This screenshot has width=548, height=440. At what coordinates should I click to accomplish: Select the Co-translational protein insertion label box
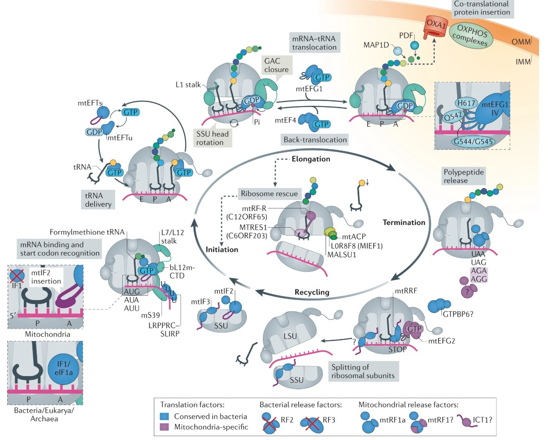coord(482,8)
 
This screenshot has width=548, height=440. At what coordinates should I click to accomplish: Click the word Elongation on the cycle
coord(311,159)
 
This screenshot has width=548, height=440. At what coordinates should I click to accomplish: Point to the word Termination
coord(404,223)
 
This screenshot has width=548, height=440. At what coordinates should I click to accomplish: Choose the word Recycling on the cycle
coord(311,292)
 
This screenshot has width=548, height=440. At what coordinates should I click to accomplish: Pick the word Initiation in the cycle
coord(222,249)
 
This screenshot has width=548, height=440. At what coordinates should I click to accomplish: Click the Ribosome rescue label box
coord(269,194)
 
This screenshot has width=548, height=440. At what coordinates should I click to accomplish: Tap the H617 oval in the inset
coord(465,103)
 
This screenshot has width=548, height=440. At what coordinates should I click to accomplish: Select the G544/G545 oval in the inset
coord(473,142)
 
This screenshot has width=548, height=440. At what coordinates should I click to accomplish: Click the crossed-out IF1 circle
coord(17,277)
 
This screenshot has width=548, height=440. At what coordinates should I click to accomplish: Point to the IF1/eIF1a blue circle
coord(64,369)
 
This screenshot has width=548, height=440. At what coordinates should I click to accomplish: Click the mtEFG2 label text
coord(441,341)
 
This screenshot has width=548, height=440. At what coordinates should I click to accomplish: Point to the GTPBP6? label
coord(458,314)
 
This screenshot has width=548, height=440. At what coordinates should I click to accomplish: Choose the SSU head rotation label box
coord(212,138)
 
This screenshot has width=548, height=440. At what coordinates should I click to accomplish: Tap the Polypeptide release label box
coord(463,176)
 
